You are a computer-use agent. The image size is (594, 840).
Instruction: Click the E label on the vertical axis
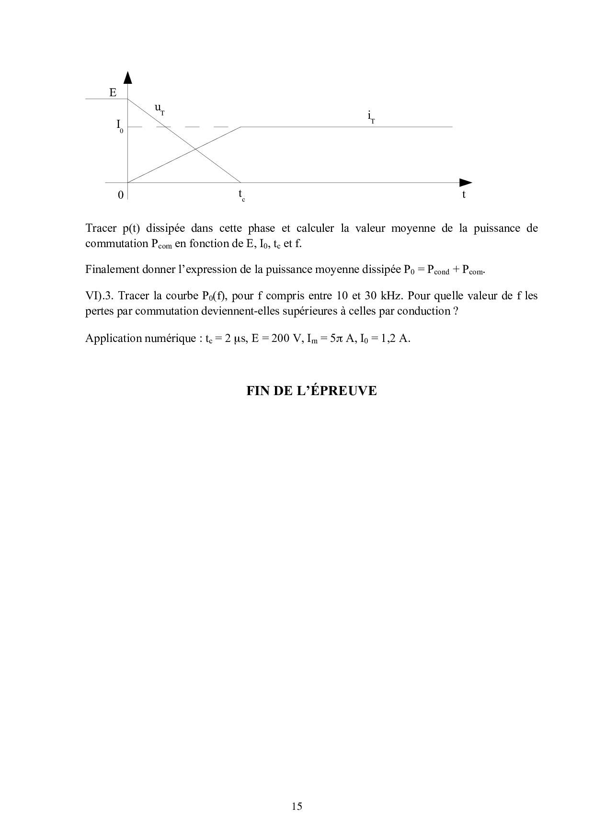[x=113, y=92]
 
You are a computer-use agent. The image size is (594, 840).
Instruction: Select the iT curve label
[x=371, y=116]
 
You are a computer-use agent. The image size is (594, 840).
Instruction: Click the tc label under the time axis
[x=241, y=195]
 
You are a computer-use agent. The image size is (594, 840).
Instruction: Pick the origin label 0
[x=121, y=195]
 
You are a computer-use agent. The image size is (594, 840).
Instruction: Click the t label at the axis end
[x=464, y=194]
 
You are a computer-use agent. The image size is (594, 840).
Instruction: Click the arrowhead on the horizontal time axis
[x=465, y=182]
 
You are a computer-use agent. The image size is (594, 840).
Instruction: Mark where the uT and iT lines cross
[x=195, y=149]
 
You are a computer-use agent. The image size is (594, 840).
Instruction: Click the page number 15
[x=297, y=806]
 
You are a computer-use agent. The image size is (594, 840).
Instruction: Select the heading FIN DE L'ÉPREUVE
[x=311, y=391]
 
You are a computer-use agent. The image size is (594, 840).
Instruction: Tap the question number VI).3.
[x=98, y=295]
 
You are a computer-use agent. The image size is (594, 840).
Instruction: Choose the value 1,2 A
[x=397, y=338]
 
